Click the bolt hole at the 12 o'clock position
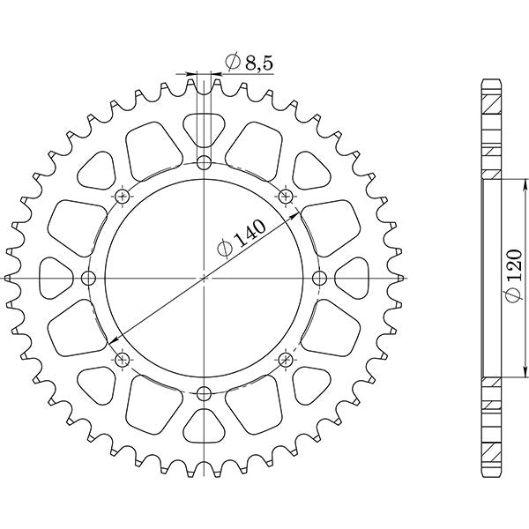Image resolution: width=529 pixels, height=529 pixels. [x=204, y=163]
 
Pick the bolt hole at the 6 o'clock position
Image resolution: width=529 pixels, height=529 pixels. [x=204, y=393]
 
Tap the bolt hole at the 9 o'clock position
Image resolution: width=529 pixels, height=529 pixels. [x=88, y=279]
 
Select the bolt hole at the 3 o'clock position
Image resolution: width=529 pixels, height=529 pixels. [x=319, y=279]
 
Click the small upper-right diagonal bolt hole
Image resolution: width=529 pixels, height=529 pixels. [x=285, y=196]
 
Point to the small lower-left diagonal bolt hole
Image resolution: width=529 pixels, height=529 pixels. [x=122, y=360]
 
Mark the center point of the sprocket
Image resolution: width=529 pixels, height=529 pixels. [x=204, y=279]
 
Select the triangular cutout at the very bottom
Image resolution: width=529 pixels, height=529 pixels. [x=204, y=428]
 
